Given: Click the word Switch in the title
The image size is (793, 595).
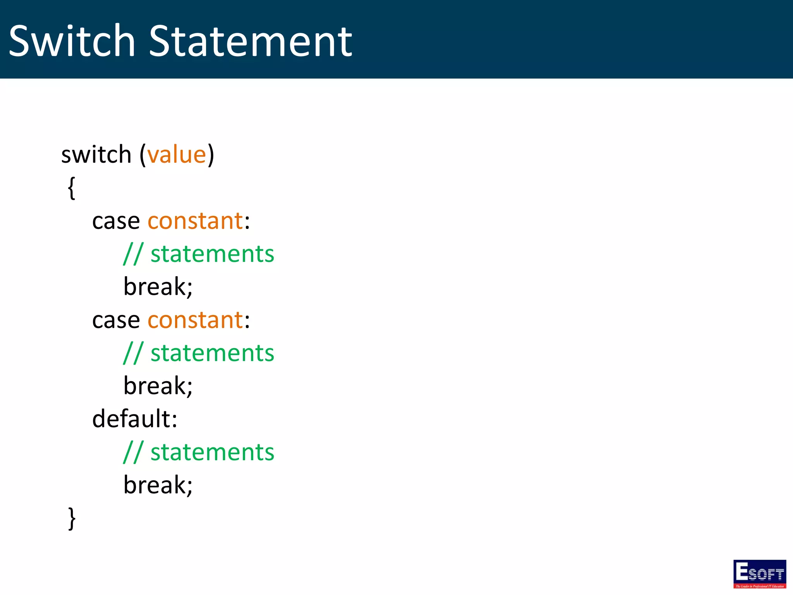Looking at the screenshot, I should pyautogui.click(x=72, y=41).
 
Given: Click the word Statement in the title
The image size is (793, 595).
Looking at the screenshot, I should pyautogui.click(x=251, y=41).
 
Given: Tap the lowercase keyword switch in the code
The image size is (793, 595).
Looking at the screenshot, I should pyautogui.click(x=96, y=155).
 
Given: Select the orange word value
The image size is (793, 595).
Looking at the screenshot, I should pyautogui.click(x=177, y=155).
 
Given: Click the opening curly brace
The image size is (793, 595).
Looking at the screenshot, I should pyautogui.click(x=72, y=188).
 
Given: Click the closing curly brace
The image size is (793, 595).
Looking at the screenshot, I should pyautogui.click(x=72, y=518).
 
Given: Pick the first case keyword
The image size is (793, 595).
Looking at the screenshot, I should pyautogui.click(x=116, y=222).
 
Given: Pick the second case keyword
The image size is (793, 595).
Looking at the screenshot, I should pyautogui.click(x=116, y=321).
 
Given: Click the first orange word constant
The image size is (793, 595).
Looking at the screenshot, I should pyautogui.click(x=195, y=222).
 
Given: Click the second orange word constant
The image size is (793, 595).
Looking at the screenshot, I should pyautogui.click(x=195, y=321).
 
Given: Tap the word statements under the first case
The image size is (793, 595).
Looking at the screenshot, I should pyautogui.click(x=212, y=255).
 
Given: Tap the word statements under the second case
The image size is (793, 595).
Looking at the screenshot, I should pyautogui.click(x=212, y=354).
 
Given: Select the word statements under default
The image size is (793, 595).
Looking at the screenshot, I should pyautogui.click(x=212, y=453).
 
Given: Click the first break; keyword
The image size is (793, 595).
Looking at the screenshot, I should pyautogui.click(x=158, y=287).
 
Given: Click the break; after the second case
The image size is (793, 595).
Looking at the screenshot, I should pyautogui.click(x=158, y=387).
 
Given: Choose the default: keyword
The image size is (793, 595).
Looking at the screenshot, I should pyautogui.click(x=135, y=420).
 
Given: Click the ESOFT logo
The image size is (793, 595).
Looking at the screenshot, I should pyautogui.click(x=759, y=574).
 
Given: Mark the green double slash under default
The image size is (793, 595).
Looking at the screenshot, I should pyautogui.click(x=133, y=452).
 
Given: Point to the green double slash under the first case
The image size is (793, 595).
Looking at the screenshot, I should pyautogui.click(x=133, y=254).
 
